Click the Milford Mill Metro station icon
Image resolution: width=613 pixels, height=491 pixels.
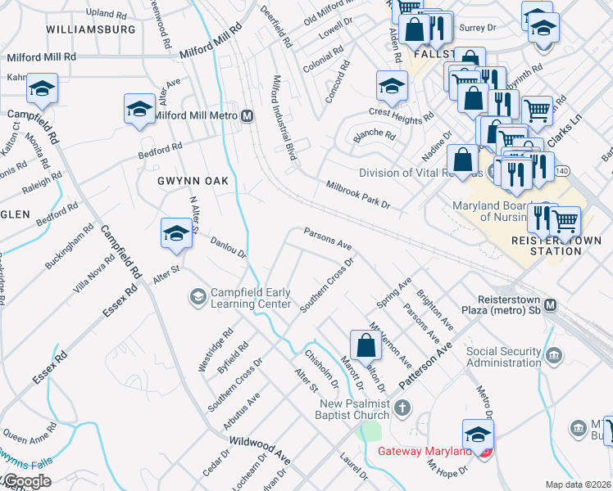pos(246,116)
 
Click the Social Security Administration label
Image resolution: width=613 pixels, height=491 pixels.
pos(503,357)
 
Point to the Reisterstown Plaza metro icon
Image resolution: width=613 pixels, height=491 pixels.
pos(550,304)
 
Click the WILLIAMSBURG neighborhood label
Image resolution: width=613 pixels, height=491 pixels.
pos(91,29)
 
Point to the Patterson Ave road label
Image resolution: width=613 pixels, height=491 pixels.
pos(425,365)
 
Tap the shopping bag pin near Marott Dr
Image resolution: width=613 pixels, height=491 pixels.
pos(366,345)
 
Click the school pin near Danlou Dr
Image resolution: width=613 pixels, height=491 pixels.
pos(176,234)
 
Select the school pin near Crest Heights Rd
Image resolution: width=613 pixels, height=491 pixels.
pos(392,85)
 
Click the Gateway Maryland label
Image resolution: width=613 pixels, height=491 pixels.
pos(425,451)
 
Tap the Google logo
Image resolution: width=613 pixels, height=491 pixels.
pos(26,481)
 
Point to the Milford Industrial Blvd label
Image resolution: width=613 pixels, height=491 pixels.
pos(283,123)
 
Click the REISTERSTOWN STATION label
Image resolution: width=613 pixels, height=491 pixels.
pos(545,245)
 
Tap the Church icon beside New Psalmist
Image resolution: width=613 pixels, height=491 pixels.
pos(402,408)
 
